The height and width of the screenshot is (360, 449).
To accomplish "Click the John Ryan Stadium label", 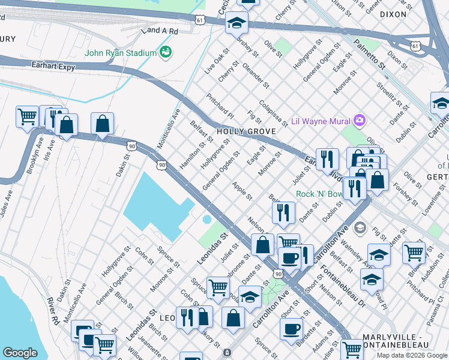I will (120, 53).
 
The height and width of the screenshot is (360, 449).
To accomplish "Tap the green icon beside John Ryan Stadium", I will (165, 53).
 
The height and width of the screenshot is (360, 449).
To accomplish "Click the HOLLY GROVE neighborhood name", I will (246, 131).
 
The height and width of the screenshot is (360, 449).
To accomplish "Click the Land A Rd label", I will (159, 31).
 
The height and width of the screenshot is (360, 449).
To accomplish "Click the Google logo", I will (20, 353).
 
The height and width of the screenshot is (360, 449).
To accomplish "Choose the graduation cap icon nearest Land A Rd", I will (237, 23).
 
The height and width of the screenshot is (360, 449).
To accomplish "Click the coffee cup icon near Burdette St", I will (292, 329).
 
